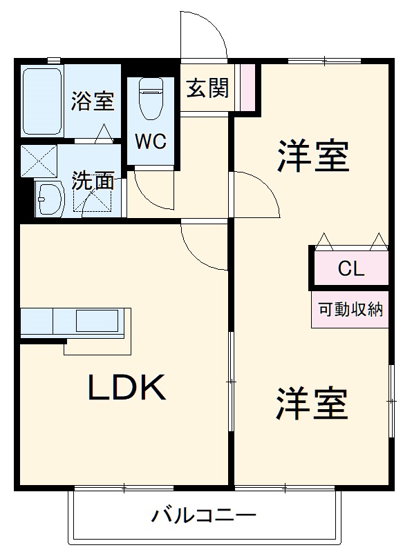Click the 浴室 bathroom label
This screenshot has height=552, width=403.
(x=92, y=101)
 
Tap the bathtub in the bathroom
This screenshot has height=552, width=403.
(x=43, y=102)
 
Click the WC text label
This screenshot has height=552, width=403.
(x=150, y=141)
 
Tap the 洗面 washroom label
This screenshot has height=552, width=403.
(x=93, y=181)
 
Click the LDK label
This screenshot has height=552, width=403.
(x=126, y=388)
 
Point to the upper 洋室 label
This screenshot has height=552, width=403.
(x=313, y=156)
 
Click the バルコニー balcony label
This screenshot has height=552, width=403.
(x=204, y=515)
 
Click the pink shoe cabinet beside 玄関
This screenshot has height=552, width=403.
(x=247, y=88)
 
